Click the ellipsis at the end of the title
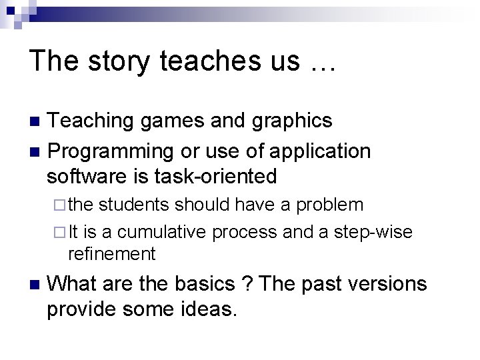coord(321,63)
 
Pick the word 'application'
coord(319,151)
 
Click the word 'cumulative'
coord(165,231)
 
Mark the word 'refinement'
coord(111,253)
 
